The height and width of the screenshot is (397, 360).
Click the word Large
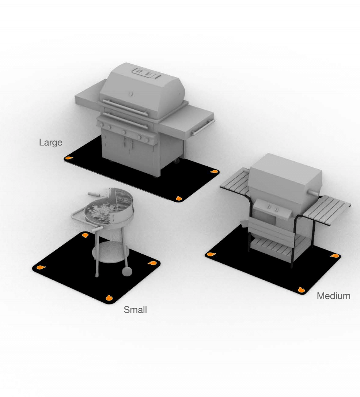[x=51, y=142]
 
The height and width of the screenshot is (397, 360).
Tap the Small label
[x=135, y=310]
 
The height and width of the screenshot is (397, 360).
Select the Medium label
[x=333, y=296]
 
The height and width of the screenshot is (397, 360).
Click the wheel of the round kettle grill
[x=127, y=271]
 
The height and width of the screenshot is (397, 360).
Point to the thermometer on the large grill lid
[x=130, y=94]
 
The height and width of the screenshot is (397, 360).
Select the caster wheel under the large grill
[x=177, y=160]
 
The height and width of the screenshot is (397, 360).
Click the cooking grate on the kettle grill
[x=123, y=198]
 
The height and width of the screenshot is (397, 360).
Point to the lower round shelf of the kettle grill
[x=111, y=252]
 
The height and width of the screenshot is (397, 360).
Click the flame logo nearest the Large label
[x=69, y=158]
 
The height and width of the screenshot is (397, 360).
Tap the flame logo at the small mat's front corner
[x=109, y=298]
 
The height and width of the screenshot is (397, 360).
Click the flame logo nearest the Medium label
[x=301, y=290]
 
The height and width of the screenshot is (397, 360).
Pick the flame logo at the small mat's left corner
[x=41, y=267]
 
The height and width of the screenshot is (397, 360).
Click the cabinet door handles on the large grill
[x=128, y=143]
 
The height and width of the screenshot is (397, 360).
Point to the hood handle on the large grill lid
[x=125, y=107]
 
